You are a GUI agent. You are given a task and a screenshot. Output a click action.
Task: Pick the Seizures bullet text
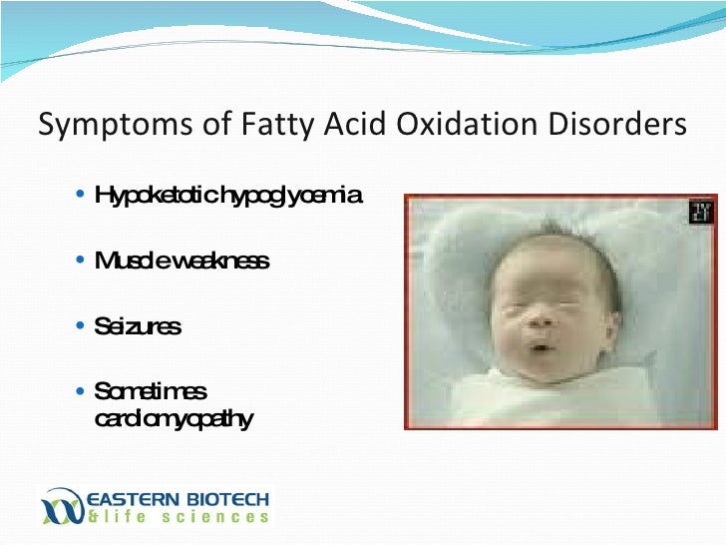coord(137,326)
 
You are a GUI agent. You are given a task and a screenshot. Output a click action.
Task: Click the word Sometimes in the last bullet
coord(149,391)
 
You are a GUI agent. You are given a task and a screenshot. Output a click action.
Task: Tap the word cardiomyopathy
coord(173,418)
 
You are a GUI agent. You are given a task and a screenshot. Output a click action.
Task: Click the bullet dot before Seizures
coord(80,326)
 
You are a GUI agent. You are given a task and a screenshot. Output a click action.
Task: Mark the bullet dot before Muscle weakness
coord(80,261)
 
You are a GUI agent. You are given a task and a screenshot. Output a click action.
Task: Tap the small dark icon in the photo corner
coord(701,212)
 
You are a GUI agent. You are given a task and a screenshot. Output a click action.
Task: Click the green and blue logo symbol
coord(63,505)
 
